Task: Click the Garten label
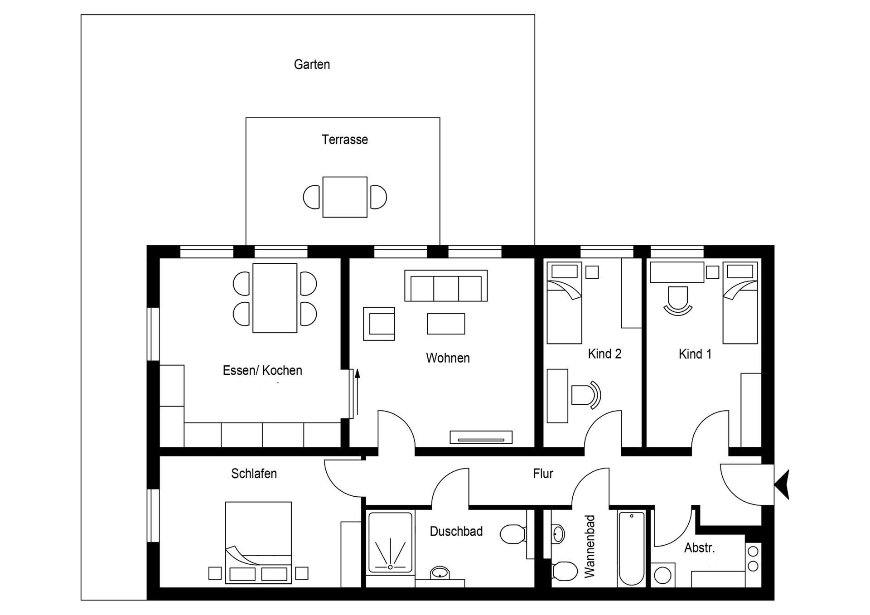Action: (x=312, y=64)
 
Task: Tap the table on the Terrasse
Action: (x=345, y=197)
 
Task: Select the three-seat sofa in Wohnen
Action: (x=446, y=286)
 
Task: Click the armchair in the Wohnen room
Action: (x=379, y=324)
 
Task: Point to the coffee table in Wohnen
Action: (x=446, y=324)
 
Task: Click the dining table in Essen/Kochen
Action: (x=275, y=298)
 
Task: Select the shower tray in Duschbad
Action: (x=391, y=542)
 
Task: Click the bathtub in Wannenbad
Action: (x=632, y=548)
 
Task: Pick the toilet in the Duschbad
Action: (x=512, y=534)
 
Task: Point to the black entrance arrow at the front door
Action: (x=783, y=484)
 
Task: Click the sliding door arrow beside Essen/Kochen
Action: (x=357, y=392)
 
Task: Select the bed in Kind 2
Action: (x=564, y=303)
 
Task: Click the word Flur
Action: (x=543, y=474)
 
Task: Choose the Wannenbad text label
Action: (x=590, y=546)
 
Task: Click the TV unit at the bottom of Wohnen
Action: (x=481, y=437)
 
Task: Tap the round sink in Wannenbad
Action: (x=558, y=534)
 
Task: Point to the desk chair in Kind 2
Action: (x=585, y=395)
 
